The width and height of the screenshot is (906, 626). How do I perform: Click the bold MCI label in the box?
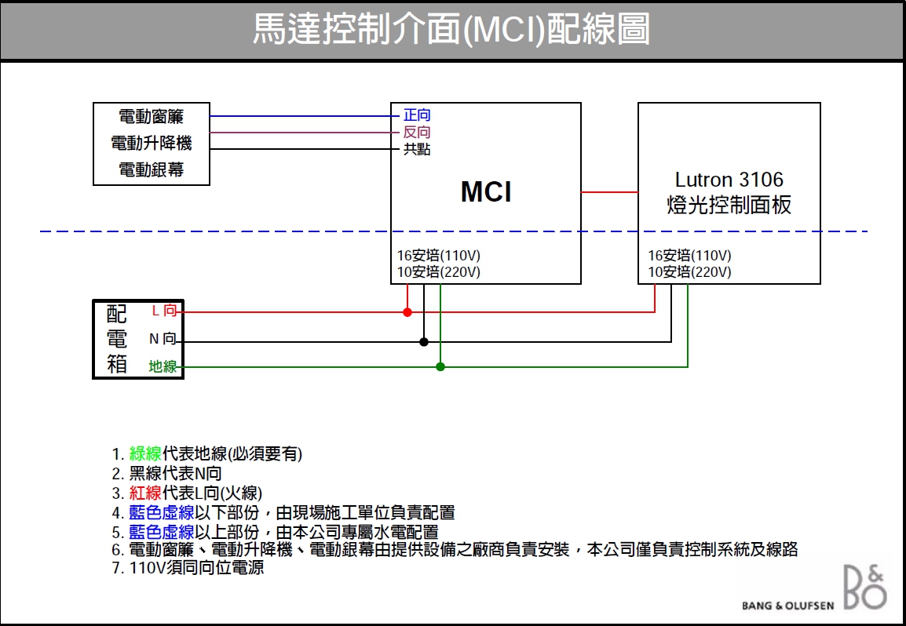click(x=486, y=192)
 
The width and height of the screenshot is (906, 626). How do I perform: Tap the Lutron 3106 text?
click(x=729, y=180)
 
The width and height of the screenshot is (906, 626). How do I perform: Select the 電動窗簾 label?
click(x=152, y=117)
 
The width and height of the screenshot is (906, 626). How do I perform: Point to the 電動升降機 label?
click(x=152, y=144)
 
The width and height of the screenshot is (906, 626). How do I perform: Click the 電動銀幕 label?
click(x=152, y=169)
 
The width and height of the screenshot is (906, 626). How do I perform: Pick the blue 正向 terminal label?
click(x=417, y=116)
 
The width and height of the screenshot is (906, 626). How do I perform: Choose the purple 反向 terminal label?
click(x=417, y=133)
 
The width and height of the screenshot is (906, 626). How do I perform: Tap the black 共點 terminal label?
click(x=417, y=149)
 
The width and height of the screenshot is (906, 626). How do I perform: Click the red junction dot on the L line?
click(x=407, y=312)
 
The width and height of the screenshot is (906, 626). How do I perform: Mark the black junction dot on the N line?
click(x=424, y=342)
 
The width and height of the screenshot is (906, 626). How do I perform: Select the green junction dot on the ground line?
click(x=440, y=366)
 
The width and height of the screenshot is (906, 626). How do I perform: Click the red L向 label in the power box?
click(x=163, y=311)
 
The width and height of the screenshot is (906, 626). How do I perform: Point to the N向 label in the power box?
click(x=163, y=340)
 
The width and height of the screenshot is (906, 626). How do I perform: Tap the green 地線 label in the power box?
click(x=163, y=366)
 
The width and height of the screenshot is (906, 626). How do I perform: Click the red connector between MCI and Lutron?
click(x=609, y=192)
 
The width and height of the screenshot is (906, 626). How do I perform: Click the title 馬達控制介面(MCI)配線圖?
click(x=451, y=31)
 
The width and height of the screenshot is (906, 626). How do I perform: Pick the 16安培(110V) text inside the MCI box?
click(x=439, y=256)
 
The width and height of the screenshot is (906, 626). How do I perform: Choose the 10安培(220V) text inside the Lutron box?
click(x=689, y=272)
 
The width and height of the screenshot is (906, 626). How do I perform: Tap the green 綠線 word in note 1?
click(x=145, y=453)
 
